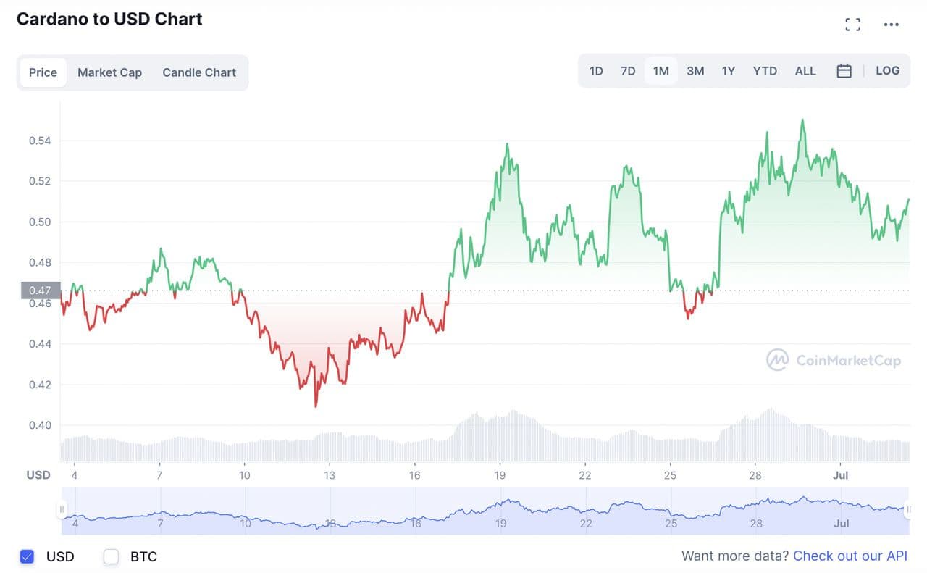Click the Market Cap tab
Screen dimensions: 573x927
coord(109,72)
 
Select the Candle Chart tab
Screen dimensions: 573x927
coord(199,72)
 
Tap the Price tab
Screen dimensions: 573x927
coord(43,72)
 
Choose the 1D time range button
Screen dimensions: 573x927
coord(596,71)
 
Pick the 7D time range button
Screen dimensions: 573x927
coord(628,71)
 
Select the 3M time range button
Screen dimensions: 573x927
coord(695,71)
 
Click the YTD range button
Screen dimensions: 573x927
coord(765,71)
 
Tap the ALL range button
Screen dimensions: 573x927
coord(805,71)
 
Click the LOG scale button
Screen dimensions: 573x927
coord(887,71)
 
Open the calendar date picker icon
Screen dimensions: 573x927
coord(844,71)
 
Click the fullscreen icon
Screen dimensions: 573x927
coord(853,25)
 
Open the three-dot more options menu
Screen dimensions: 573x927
coord(892,25)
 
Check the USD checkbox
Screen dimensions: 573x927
coord(27,556)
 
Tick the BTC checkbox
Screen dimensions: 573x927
coord(111,556)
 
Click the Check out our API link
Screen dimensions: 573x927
coord(850,556)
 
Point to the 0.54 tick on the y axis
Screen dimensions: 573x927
coord(40,141)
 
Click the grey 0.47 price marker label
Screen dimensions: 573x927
coord(40,290)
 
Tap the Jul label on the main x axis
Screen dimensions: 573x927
coord(841,475)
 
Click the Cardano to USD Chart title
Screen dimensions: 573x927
coord(109,20)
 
